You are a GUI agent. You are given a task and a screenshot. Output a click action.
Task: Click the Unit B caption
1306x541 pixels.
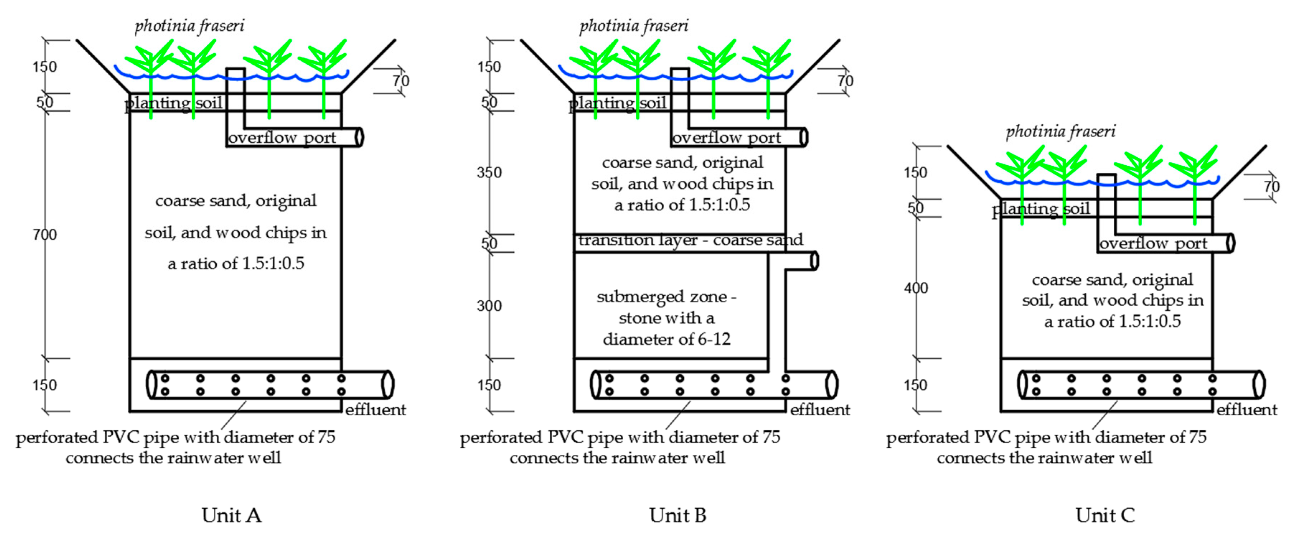tap(677, 515)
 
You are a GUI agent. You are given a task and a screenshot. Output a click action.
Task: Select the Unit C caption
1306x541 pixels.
tap(1105, 515)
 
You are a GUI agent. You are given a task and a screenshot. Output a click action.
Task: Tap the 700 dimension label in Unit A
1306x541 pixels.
tap(44, 235)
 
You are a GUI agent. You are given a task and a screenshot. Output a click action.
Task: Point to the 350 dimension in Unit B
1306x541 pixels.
tap(489, 172)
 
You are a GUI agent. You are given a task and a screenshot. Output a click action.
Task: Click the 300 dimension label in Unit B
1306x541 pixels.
tap(489, 305)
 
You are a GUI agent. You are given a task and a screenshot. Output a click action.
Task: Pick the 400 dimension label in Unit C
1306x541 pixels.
tap(916, 288)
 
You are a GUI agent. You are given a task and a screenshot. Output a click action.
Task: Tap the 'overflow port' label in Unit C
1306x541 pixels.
tap(1153, 244)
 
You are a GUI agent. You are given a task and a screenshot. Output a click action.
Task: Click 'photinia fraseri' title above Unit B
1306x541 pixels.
tap(634, 26)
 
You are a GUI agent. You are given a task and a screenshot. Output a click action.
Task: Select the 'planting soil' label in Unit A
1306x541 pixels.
tap(173, 103)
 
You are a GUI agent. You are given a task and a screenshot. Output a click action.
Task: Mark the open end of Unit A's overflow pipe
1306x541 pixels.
tap(360, 137)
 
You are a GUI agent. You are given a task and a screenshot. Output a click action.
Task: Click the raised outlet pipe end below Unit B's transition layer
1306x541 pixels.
tap(814, 261)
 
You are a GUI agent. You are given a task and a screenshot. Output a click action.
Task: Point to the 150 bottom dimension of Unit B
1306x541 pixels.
tap(489, 385)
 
